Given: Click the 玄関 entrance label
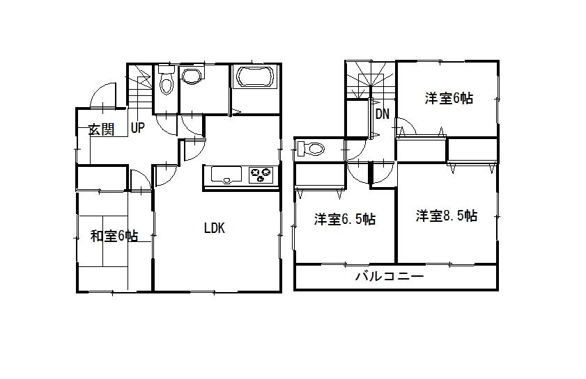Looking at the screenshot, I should point(101,129).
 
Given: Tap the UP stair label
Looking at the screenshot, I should point(137,128).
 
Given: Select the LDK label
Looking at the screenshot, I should point(214,228).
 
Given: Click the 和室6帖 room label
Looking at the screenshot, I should point(114,236).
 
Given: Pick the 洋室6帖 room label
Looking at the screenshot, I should point(449,99).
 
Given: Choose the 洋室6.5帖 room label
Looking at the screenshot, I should point(344,220).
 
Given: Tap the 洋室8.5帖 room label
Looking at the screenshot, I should point(447,216).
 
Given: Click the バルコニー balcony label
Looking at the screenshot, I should point(390,277).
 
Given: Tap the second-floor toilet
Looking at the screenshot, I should point(311,149).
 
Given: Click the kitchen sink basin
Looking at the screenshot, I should point(224,175).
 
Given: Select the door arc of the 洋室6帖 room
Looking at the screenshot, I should point(406,127).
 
